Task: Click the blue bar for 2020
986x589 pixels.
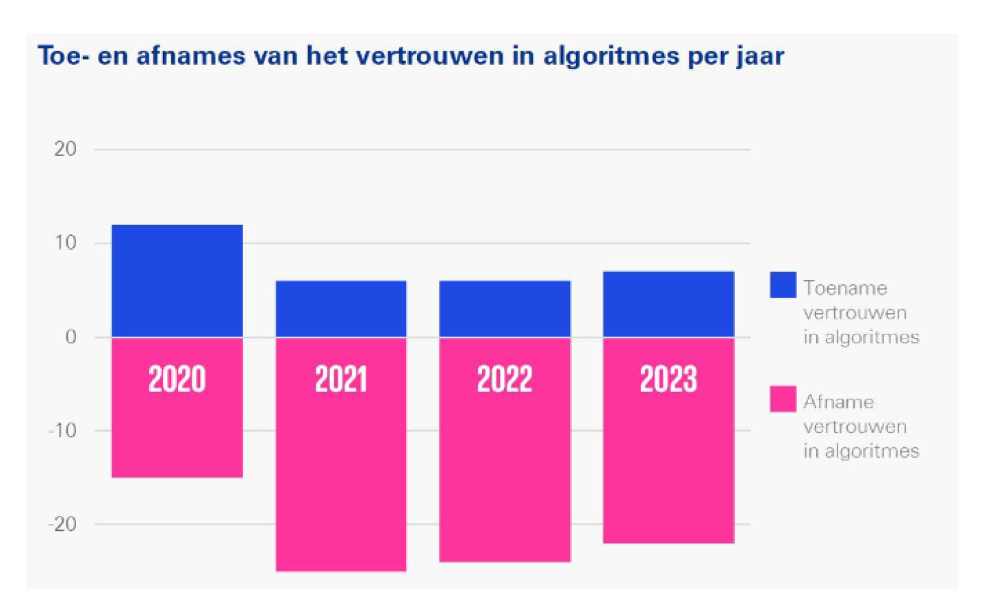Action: tap(177, 280)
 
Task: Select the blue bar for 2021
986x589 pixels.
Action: tap(341, 309)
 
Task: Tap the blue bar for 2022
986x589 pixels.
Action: tap(505, 309)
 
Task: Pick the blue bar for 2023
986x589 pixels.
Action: tap(668, 304)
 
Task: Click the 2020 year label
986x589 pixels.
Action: tap(177, 379)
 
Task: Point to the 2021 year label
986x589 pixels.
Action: tap(341, 379)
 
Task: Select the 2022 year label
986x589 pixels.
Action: tap(505, 379)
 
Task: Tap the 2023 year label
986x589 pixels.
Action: tap(668, 379)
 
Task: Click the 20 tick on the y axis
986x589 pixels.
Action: tap(65, 149)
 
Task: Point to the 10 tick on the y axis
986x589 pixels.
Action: tap(65, 243)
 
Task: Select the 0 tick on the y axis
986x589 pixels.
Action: tap(71, 337)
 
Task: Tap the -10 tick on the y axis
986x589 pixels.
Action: tap(62, 430)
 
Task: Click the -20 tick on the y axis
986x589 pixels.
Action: tap(62, 524)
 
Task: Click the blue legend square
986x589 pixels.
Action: tap(783, 285)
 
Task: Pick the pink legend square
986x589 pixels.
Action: tap(783, 399)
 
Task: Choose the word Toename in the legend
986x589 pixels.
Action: tap(845, 288)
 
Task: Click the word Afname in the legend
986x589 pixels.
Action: tap(838, 402)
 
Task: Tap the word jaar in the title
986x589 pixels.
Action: tap(761, 56)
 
